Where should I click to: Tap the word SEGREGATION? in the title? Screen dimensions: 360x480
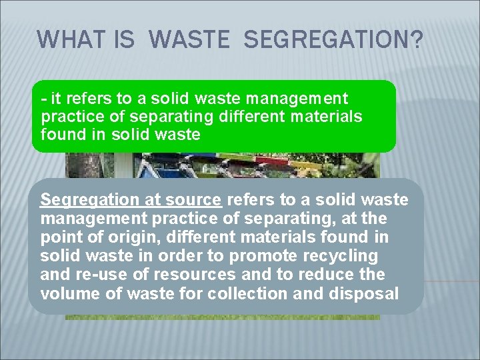click(x=333, y=39)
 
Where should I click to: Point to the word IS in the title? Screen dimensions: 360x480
click(x=125, y=39)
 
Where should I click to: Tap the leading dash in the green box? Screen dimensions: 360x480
click(x=43, y=99)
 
